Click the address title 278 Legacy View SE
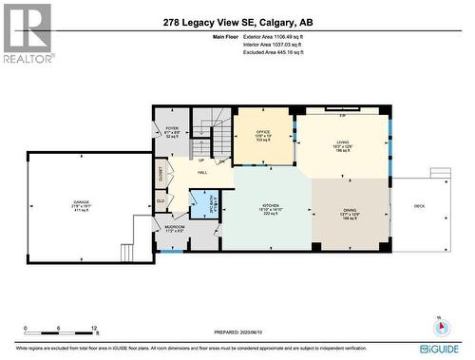[237, 21]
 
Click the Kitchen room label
[273, 210]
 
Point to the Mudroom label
[175, 229]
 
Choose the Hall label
[202, 173]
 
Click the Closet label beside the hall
[161, 175]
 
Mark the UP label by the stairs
[200, 159]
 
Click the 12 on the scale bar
[94, 328]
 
